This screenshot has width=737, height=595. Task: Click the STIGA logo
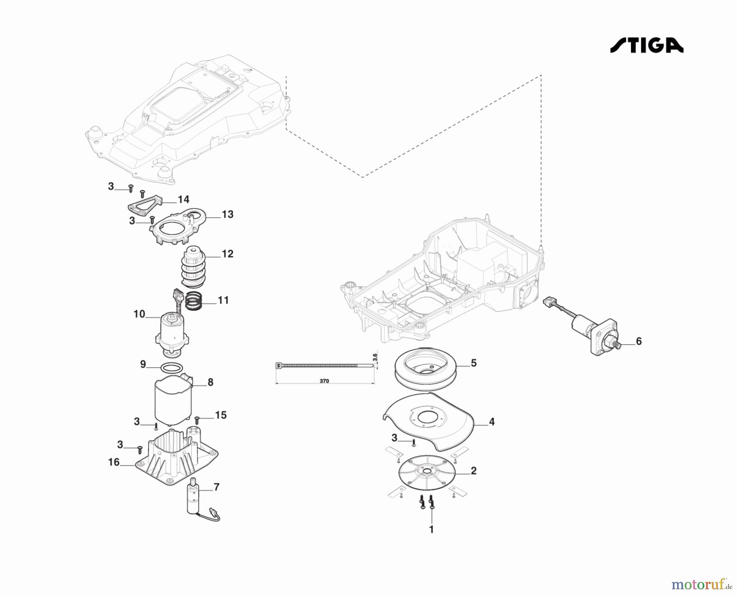pos(647,45)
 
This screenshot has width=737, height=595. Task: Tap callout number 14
pos(183,199)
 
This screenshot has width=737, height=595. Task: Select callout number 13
pos(227,214)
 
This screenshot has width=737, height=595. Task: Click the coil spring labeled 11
pos(194,301)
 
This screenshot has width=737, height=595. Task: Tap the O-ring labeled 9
pos(171,368)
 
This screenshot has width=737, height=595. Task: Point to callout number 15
pos(221,415)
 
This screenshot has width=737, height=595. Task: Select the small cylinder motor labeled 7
pos(193,498)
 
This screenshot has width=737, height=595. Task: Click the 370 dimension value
pos(324,381)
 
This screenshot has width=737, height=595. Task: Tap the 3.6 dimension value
pos(375,358)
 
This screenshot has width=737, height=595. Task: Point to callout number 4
pos(492,422)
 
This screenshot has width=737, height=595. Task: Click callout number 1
pos(431,529)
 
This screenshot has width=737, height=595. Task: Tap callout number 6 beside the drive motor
pos(638,341)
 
